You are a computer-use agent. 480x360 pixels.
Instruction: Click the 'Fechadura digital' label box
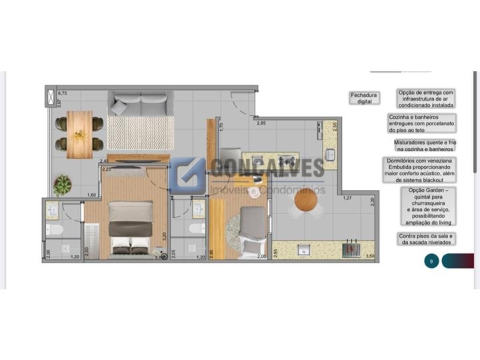(x=363, y=99)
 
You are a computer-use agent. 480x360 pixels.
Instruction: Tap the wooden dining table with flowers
(x=80, y=134)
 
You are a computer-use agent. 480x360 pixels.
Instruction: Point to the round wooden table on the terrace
(x=307, y=200)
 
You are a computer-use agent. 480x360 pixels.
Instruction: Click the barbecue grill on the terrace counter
(x=351, y=251)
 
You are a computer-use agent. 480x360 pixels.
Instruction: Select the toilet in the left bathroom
(x=53, y=231)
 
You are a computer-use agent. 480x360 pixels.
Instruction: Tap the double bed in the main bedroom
(x=130, y=229)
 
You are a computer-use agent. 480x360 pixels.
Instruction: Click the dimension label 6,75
(x=63, y=93)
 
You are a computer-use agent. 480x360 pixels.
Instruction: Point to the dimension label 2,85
(x=262, y=123)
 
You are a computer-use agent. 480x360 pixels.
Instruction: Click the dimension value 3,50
(x=370, y=255)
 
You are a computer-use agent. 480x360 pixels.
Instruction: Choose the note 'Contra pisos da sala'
(x=427, y=239)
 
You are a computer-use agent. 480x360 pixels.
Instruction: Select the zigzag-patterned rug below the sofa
(x=141, y=133)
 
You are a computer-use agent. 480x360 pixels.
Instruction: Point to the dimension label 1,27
(x=347, y=198)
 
